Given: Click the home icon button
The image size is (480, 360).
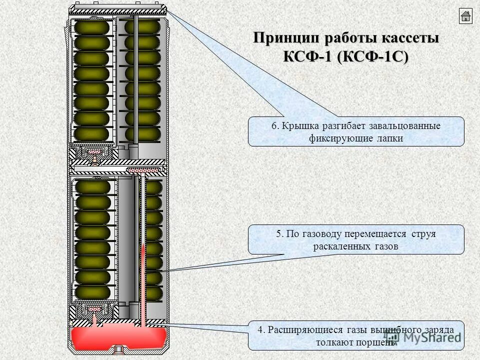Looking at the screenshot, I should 465,16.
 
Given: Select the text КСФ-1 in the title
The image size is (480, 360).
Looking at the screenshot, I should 308,56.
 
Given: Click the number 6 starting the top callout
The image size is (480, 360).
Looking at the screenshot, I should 274,125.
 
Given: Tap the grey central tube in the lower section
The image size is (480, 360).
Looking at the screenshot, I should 127,240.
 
